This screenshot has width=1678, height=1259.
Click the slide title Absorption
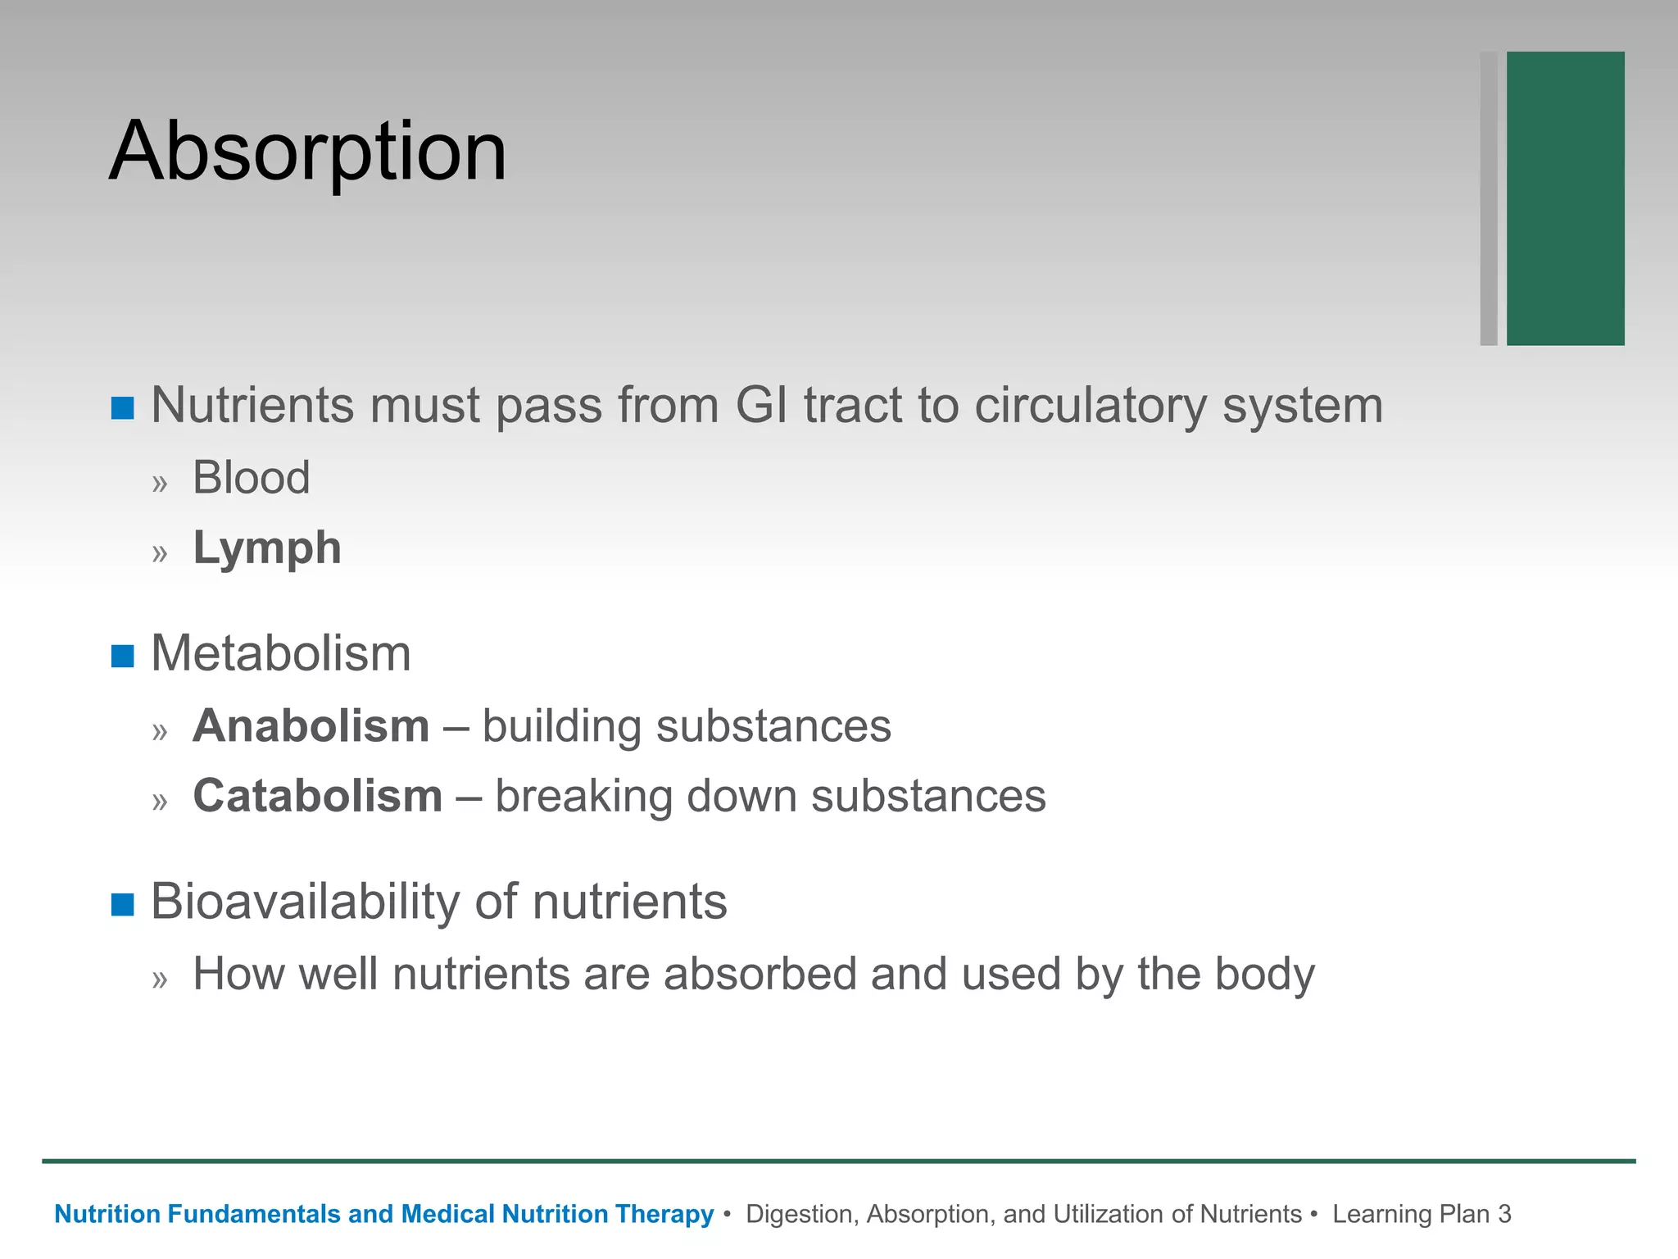coord(307,152)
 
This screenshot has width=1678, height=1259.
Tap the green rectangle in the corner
coord(1565,198)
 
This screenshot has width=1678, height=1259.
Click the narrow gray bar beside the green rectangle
coord(1488,198)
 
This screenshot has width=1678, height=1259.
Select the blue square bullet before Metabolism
coord(122,656)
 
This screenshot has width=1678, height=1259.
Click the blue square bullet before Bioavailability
coord(122,904)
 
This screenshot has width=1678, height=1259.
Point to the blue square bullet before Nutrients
coord(122,407)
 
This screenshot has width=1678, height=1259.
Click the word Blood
coord(252,477)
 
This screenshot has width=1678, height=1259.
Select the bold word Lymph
coord(267,548)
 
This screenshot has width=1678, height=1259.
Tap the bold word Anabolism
coord(311,726)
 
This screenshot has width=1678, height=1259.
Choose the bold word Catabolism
coord(318,796)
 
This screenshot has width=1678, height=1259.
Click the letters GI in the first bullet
coord(761,405)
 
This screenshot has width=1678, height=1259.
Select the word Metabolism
coord(281,654)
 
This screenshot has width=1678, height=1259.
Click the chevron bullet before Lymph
coord(160,553)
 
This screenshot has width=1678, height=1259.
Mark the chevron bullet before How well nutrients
coord(160,979)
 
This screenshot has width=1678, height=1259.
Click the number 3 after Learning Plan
coord(1503,1214)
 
